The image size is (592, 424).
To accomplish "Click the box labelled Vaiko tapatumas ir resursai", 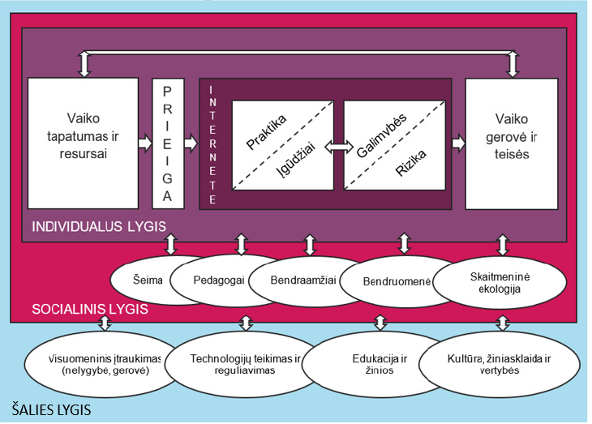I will (x=82, y=142).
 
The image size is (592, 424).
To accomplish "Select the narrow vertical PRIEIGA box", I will (x=168, y=143).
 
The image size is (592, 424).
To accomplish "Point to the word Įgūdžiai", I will (x=296, y=162).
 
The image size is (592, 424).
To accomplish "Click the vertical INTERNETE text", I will (x=212, y=143).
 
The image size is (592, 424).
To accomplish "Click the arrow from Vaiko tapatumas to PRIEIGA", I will (x=144, y=143).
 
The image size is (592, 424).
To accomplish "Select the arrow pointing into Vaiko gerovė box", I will (x=458, y=143).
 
